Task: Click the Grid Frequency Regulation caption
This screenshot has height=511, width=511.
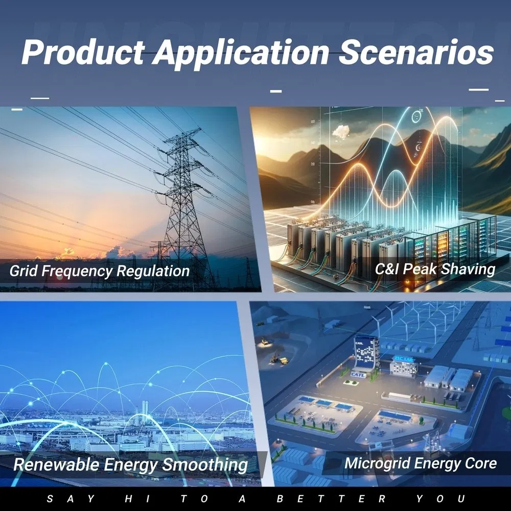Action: (99, 270)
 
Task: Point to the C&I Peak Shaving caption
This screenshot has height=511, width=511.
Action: (434, 269)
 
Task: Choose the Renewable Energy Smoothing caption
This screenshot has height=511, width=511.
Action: (130, 464)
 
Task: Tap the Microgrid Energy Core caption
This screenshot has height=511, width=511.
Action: (420, 463)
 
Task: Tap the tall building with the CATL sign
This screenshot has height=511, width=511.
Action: (366, 353)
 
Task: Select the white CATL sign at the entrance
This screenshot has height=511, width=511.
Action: (358, 375)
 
